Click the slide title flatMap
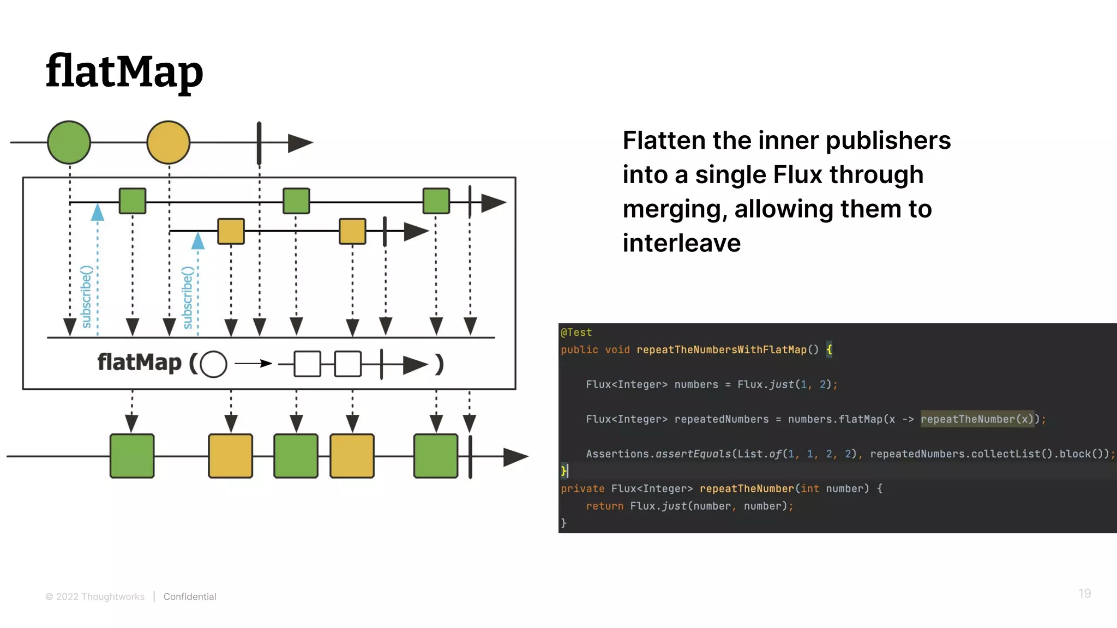124,71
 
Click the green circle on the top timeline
69,142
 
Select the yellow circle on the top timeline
168,142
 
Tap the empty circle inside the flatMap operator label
213,364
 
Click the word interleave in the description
681,243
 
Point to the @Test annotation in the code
576,332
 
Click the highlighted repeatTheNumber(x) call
977,419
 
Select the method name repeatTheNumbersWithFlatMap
721,349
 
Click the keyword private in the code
582,488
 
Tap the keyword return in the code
604,506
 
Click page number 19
1084,594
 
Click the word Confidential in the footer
190,596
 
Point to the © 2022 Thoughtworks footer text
95,596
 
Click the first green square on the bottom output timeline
132,456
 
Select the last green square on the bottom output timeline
436,456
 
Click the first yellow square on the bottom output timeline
230,456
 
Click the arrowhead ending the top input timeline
299,143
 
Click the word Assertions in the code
617,454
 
